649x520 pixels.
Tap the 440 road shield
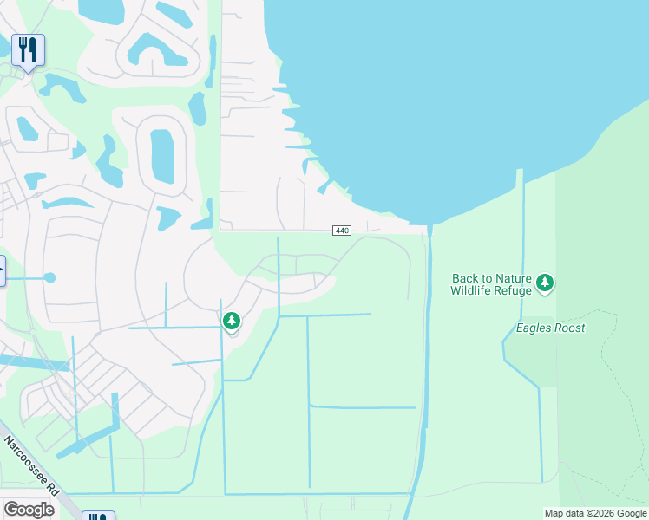click(341, 231)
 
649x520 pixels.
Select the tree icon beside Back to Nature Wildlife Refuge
click(545, 283)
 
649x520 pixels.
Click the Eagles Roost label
click(550, 328)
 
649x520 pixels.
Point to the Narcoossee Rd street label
click(31, 465)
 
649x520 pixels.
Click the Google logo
click(29, 510)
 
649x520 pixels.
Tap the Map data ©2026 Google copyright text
click(595, 513)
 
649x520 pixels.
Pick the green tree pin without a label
click(231, 322)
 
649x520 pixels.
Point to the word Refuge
click(515, 290)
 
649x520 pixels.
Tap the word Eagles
click(533, 328)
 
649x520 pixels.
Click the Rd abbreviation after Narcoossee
click(52, 488)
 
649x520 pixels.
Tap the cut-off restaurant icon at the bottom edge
click(97, 517)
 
